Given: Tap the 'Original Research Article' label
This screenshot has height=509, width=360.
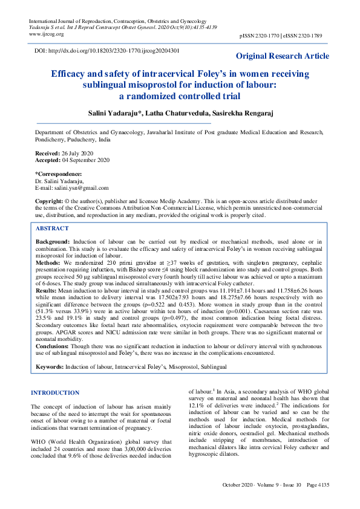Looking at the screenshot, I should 282,56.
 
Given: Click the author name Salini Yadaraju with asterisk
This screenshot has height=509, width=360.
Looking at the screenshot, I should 123,115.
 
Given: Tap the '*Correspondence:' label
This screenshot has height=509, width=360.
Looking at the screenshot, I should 58,174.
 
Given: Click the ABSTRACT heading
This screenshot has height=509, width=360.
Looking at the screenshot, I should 52,229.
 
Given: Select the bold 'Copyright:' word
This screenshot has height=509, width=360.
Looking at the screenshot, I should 50,200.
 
